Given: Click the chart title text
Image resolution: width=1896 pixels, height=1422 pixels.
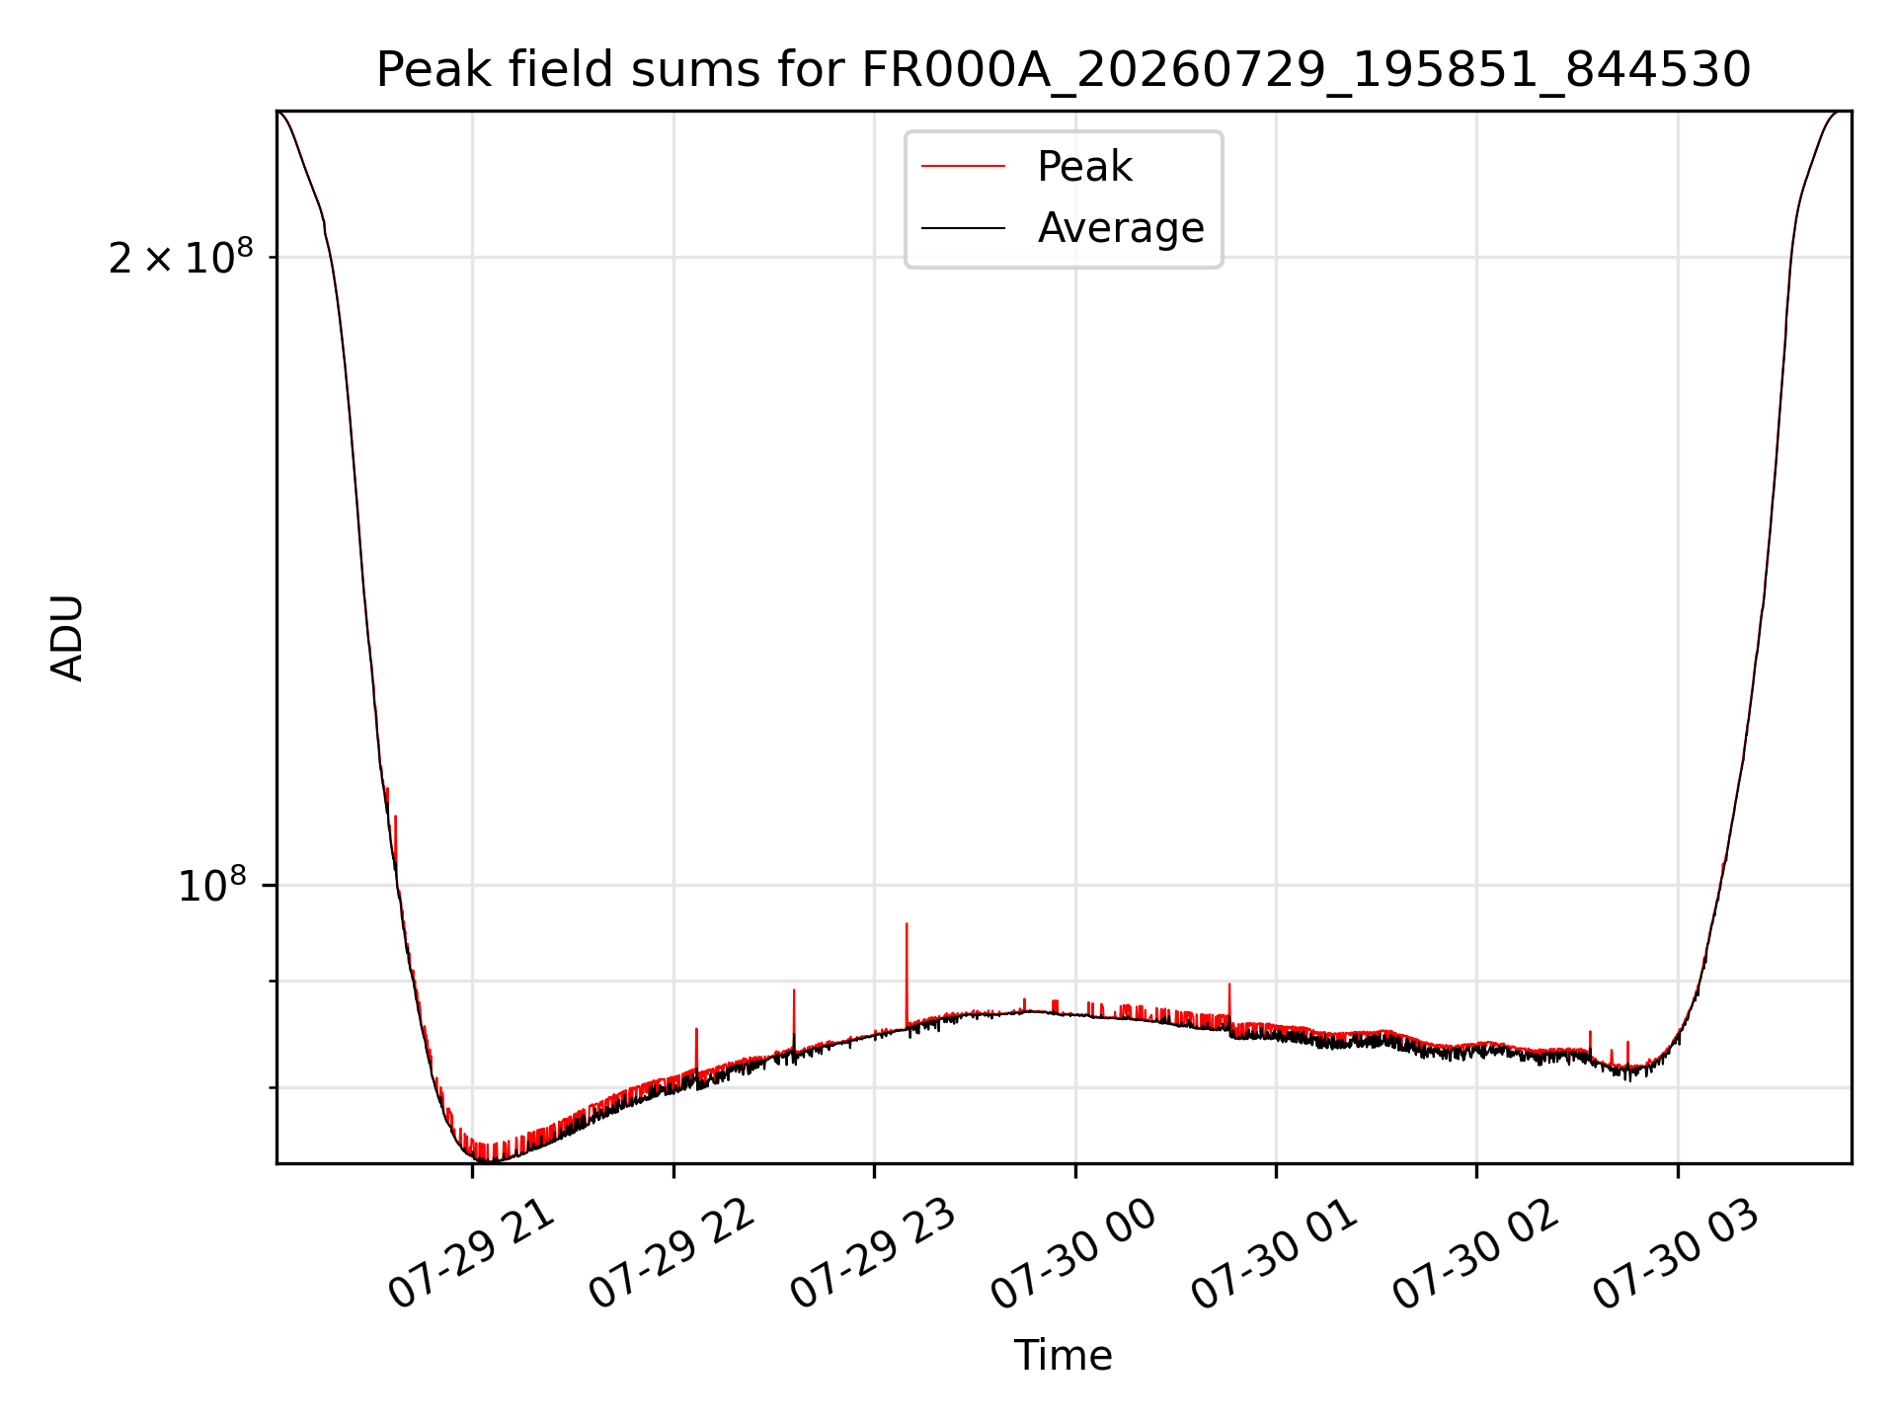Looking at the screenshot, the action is tap(1064, 70).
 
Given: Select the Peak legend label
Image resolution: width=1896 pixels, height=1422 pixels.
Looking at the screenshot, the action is tap(1084, 167).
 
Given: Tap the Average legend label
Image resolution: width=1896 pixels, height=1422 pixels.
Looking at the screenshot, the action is tap(1121, 228).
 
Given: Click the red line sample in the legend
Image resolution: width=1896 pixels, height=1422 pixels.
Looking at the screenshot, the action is tap(963, 167).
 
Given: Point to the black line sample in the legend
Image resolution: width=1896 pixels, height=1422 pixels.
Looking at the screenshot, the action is tap(963, 228).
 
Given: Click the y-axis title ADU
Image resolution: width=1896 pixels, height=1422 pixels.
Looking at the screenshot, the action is tap(67, 638).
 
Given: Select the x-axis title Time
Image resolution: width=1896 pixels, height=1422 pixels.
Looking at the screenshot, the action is tap(1064, 1356).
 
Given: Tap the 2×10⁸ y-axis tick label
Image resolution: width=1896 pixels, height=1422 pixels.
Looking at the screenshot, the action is tap(181, 258).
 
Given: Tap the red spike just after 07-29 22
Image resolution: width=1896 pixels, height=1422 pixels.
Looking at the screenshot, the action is tap(696, 1050).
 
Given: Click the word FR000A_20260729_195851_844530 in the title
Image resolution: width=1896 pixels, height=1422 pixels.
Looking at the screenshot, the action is tap(1306, 70).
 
